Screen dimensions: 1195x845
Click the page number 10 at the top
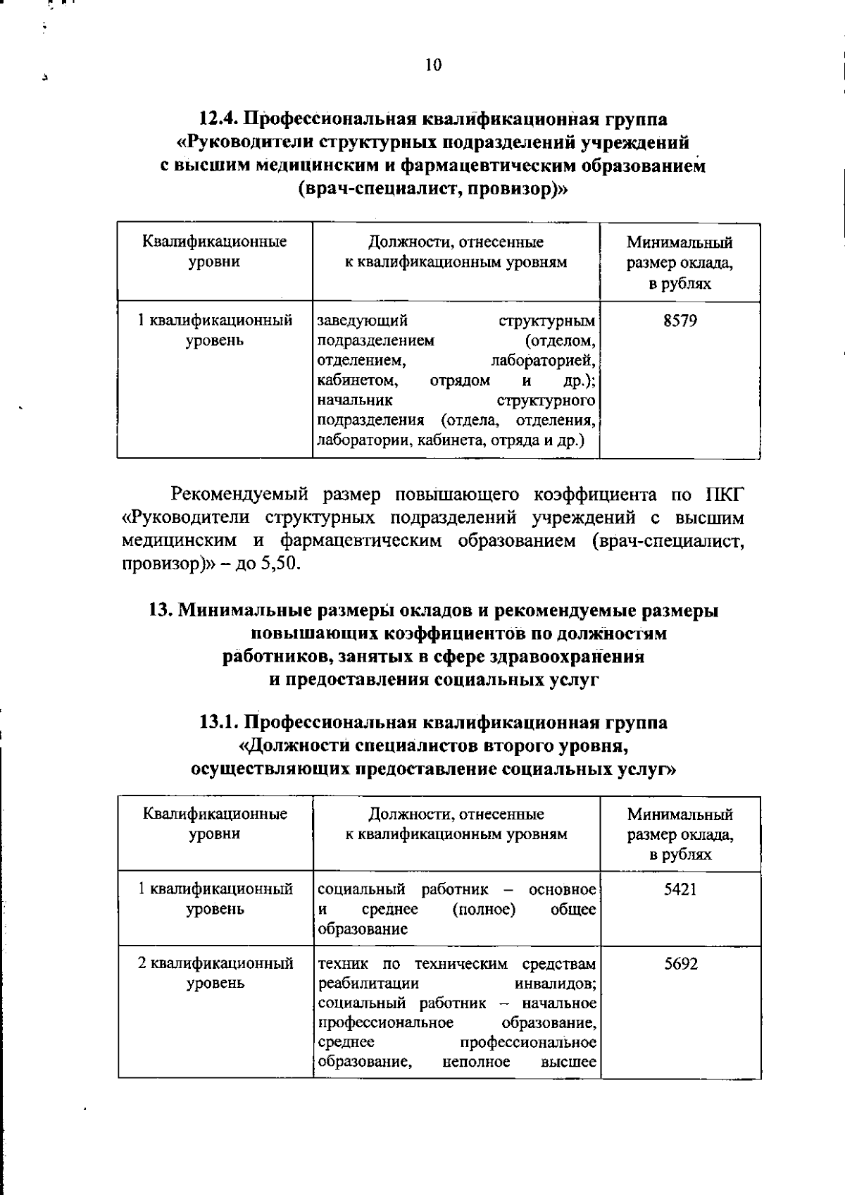pos(433,66)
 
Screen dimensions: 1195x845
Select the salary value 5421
pos(680,889)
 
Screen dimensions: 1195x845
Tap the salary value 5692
pos(681,964)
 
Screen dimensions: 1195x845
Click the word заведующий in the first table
pos(363,322)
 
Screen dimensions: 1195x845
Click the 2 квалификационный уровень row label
pos(215,973)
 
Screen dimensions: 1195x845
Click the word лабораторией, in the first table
pos(543,361)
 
